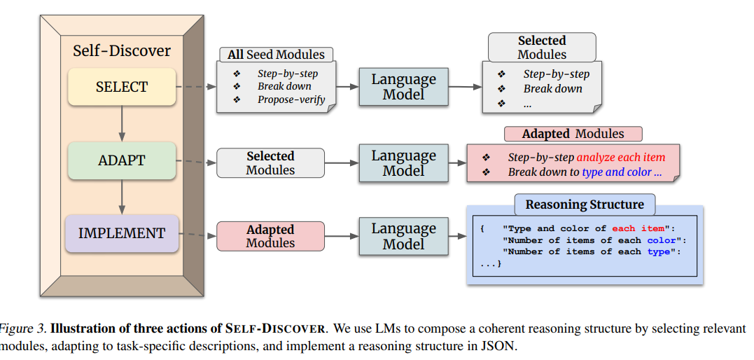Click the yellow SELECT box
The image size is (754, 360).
(x=122, y=87)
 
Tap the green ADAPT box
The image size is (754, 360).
(x=122, y=160)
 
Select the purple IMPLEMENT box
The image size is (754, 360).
(x=122, y=233)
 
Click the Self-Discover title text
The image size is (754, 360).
(x=122, y=50)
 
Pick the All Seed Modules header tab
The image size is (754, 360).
(x=277, y=54)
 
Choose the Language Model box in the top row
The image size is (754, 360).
(x=403, y=87)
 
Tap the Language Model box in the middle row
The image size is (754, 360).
(x=403, y=162)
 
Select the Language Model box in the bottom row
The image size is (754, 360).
(x=403, y=236)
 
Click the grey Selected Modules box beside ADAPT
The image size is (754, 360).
(x=270, y=162)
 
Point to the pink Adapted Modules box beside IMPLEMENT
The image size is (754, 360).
(x=270, y=236)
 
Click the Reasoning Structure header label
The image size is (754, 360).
(x=585, y=205)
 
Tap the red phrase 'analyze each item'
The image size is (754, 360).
(x=620, y=158)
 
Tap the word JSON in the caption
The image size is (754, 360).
(x=498, y=346)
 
